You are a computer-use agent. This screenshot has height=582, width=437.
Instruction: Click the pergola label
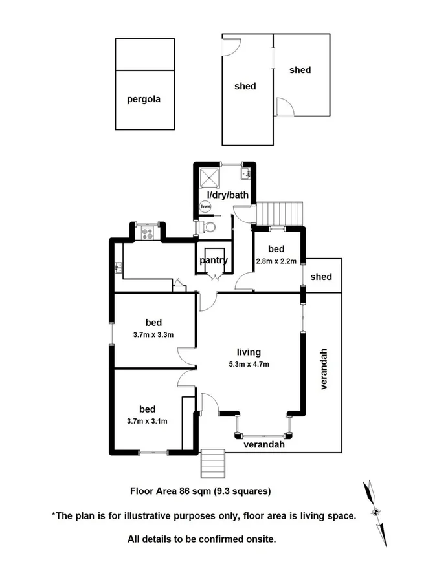[143, 100]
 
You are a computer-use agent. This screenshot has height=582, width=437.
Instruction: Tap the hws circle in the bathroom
[205, 207]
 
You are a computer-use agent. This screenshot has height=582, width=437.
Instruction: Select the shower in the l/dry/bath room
[210, 177]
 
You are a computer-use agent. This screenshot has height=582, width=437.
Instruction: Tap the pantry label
[214, 261]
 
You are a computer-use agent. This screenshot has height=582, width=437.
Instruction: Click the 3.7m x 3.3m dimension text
[153, 334]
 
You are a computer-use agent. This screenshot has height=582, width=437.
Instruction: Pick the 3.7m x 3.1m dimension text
[147, 421]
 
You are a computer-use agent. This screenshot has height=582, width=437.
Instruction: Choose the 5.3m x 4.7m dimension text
[249, 364]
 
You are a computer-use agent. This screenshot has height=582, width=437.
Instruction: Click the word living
[249, 352]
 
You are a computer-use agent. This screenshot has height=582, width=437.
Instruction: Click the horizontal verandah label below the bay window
[263, 445]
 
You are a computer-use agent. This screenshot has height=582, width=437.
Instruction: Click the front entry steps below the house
[212, 461]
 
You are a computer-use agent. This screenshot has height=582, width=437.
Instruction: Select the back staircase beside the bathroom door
[280, 212]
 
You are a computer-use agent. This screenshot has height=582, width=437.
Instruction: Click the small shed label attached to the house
[320, 277]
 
